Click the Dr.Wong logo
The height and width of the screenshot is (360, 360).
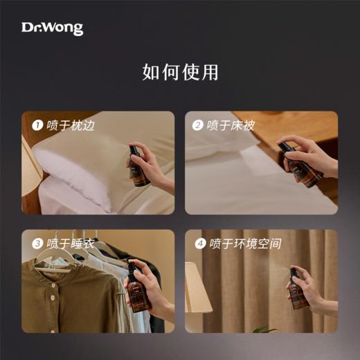52,28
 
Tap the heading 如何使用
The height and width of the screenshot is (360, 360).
179,72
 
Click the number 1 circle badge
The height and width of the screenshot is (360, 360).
38,125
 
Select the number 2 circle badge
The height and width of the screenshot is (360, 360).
198,125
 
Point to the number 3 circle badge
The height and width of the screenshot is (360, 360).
38,244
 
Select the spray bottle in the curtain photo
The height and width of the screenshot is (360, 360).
298,289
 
